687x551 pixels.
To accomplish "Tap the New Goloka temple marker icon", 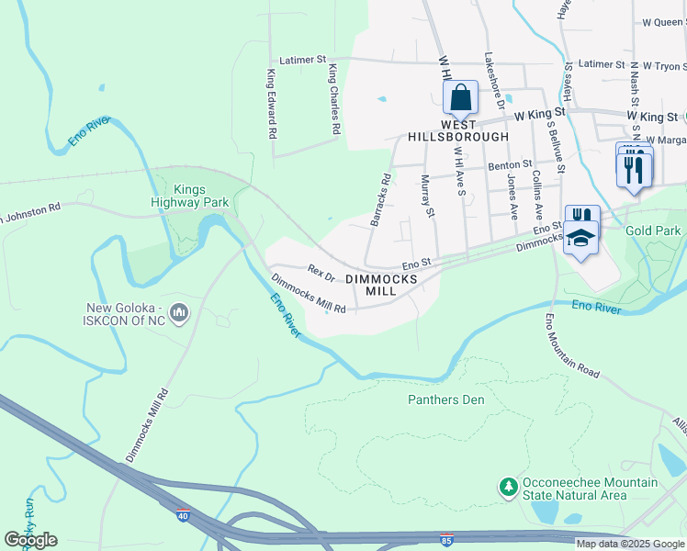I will pyautogui.click(x=179, y=314).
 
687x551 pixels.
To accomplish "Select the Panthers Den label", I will pyautogui.click(x=445, y=399).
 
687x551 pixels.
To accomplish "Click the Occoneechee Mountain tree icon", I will pyautogui.click(x=507, y=486).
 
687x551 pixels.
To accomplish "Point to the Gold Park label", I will pyautogui.click(x=653, y=231).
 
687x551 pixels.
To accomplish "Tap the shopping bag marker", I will pyautogui.click(x=460, y=95).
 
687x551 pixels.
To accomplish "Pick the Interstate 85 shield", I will pyautogui.click(x=445, y=540).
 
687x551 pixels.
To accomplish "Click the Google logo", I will pyautogui.click(x=30, y=539).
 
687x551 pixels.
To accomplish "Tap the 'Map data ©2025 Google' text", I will pyautogui.click(x=630, y=544).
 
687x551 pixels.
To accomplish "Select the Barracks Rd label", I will pyautogui.click(x=380, y=199).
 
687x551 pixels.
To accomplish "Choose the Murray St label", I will pyautogui.click(x=426, y=197).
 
